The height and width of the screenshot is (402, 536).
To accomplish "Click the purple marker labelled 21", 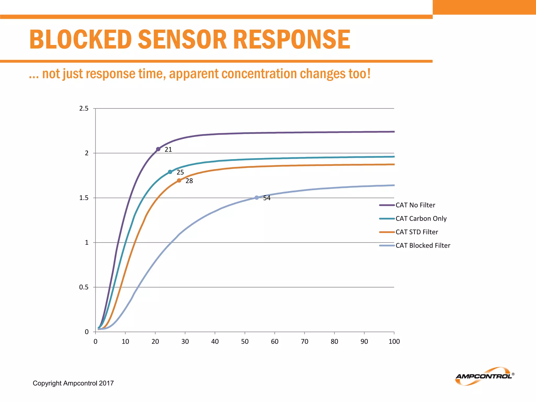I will (158, 149).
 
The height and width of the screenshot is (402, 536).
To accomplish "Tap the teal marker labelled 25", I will (170, 172).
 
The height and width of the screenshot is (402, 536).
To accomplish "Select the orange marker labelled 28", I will (179, 181).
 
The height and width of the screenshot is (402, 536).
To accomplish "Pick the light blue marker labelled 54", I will (257, 198).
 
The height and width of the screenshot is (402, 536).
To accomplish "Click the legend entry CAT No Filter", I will (415, 205).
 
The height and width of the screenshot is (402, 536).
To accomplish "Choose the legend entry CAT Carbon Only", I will (421, 219).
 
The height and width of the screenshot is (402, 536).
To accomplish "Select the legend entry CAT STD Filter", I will (417, 232).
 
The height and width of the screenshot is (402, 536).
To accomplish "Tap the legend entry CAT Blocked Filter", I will (423, 245).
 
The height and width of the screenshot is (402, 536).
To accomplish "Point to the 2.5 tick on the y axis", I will (84, 108).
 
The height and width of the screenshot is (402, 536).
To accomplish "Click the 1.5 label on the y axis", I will (84, 198).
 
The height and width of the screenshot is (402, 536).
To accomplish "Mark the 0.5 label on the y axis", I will (84, 287).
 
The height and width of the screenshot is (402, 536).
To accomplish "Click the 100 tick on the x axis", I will (394, 342).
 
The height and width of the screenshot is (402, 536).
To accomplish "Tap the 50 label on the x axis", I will (245, 342).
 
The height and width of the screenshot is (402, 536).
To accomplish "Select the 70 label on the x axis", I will (304, 342).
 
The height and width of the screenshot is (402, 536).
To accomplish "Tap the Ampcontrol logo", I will (484, 376).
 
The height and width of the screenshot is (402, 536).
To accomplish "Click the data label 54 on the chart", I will (267, 198).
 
